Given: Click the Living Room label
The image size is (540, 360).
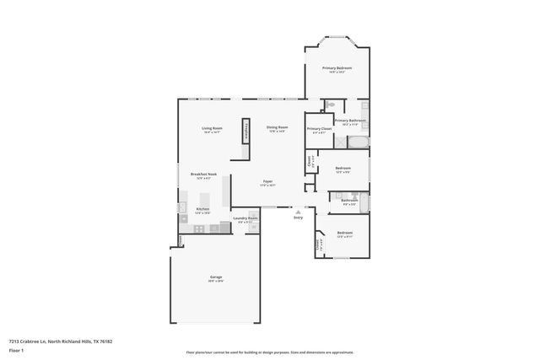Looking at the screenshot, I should (x=211, y=128).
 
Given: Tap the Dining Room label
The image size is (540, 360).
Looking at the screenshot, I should (x=278, y=127).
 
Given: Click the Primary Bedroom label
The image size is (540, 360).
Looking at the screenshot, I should (x=337, y=67).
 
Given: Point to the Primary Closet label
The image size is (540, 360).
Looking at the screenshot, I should (x=319, y=129).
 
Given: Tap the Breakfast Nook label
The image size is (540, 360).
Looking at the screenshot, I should (x=207, y=174).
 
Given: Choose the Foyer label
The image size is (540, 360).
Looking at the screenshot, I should (x=267, y=181).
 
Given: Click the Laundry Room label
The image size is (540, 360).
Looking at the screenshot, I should (x=246, y=218).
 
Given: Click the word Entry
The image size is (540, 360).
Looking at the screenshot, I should (x=298, y=218).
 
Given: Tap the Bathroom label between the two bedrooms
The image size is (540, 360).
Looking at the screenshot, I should (x=349, y=200).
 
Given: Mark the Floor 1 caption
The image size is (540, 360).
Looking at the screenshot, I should (x=16, y=349).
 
